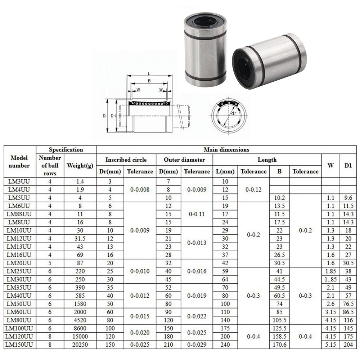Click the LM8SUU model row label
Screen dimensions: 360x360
coord(19,214)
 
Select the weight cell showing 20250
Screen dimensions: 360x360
coord(80,344)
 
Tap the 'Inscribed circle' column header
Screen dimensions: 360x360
coord(126,159)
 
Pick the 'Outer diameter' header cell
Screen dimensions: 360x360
coord(184,159)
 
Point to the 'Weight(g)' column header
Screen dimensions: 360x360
coord(80,166)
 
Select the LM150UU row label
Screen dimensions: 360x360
coord(19,344)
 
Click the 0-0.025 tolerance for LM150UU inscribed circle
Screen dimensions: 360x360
coord(140,344)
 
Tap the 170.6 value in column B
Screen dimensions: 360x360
coord(279,344)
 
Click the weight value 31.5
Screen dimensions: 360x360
coord(80,238)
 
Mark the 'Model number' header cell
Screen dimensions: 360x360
coord(19,162)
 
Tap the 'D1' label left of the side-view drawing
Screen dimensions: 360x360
coord(113,116)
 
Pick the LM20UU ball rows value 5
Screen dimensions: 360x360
coord(50,263)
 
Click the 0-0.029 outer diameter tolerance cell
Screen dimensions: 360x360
coord(197,344)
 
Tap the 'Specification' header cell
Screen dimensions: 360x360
coord(66,149)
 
